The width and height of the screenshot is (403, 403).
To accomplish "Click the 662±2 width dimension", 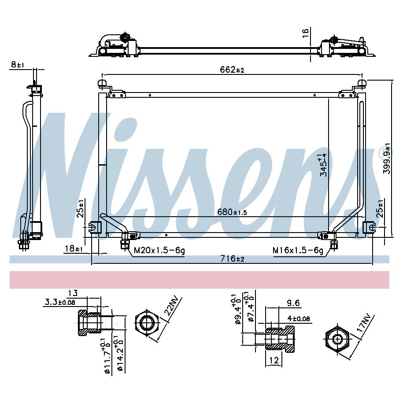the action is (232, 70).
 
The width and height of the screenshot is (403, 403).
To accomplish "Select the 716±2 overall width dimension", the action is (232, 258).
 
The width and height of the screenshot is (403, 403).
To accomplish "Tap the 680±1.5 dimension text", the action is (232, 212).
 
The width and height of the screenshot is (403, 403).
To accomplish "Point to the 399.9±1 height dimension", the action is (387, 159).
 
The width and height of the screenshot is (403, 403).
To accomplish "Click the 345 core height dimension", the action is (323, 165).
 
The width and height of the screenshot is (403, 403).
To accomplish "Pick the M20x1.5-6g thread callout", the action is (159, 250).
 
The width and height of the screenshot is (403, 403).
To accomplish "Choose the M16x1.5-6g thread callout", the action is (298, 250).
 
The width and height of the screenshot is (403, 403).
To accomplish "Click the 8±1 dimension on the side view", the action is (18, 64).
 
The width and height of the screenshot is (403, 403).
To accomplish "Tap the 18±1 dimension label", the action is (74, 248).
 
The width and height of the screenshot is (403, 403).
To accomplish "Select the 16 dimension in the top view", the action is (305, 33).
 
